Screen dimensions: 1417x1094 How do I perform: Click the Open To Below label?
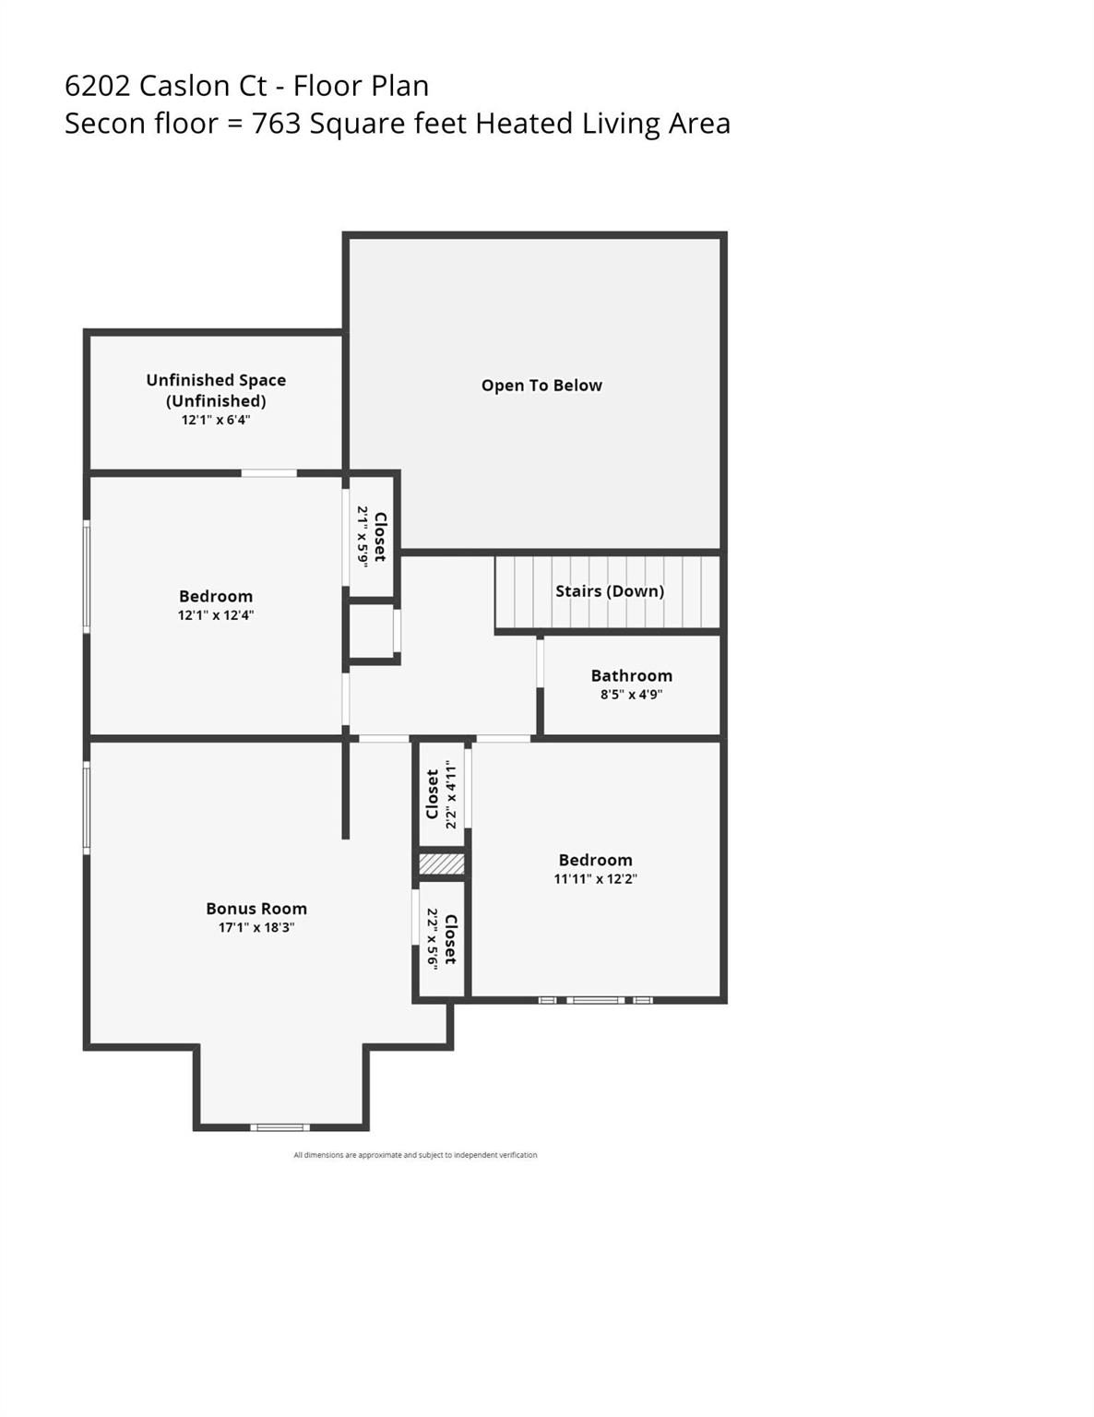(541, 386)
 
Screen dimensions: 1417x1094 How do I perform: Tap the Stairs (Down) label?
(609, 591)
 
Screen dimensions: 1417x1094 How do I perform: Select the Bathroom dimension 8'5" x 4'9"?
(631, 695)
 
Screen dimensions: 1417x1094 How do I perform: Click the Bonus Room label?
(256, 909)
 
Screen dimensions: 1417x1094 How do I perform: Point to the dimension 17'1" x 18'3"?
(256, 928)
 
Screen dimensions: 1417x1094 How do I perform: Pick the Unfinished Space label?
(216, 380)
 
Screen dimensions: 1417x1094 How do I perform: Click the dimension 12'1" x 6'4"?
(216, 420)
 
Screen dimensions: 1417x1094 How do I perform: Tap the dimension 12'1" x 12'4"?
(216, 615)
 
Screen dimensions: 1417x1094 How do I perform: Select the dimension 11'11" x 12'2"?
(595, 879)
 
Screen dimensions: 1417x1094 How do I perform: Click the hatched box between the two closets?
(442, 864)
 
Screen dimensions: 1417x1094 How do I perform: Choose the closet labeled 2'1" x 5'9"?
(372, 536)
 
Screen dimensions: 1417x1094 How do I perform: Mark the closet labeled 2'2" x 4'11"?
(441, 794)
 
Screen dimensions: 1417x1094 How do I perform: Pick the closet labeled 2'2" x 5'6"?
(442, 939)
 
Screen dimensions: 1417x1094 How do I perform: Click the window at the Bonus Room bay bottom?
(280, 1126)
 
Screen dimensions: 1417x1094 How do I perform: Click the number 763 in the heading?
(277, 124)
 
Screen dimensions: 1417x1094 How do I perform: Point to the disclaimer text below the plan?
(415, 1155)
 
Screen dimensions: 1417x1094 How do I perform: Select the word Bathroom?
(631, 676)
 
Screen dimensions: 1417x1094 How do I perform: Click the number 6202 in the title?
(98, 86)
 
